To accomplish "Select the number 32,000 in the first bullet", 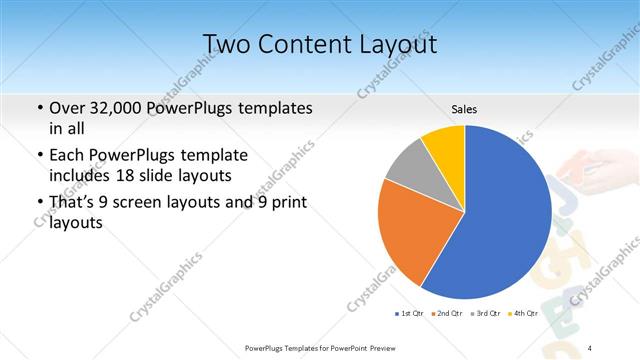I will pyautogui.click(x=125, y=107).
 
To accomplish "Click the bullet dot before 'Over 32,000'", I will pyautogui.click(x=39, y=108).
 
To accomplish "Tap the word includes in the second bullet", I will pyautogui.click(x=81, y=174).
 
